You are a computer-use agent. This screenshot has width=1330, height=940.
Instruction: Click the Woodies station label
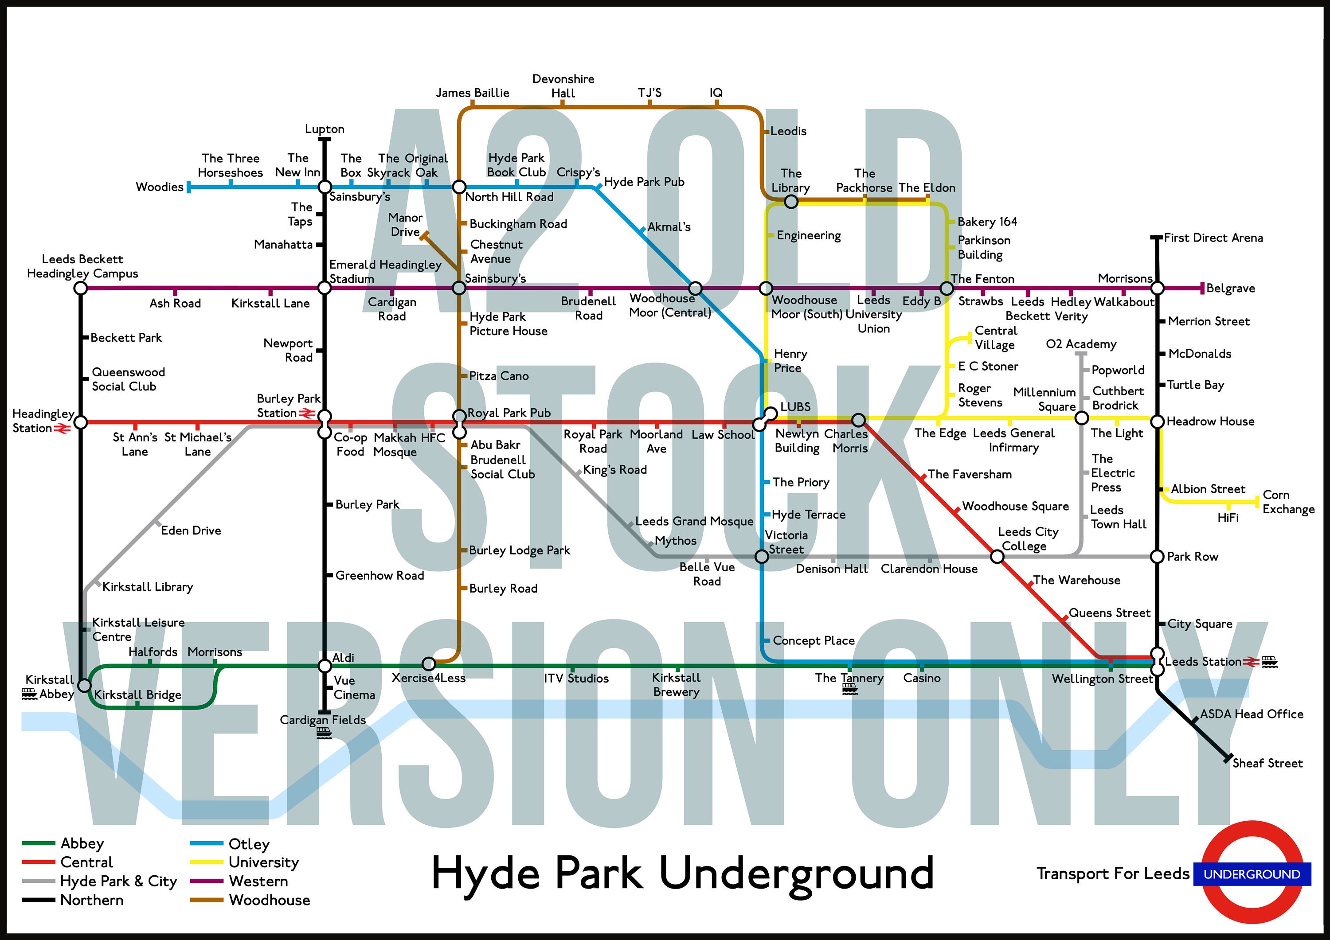click(159, 187)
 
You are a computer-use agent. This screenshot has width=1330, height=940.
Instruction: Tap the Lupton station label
click(325, 129)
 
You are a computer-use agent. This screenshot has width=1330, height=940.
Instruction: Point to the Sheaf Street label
click(1267, 763)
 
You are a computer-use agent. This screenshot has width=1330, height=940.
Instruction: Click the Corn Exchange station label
click(1288, 502)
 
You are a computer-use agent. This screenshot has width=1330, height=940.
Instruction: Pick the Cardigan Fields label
click(323, 720)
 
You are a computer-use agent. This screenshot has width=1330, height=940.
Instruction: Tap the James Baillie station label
click(473, 93)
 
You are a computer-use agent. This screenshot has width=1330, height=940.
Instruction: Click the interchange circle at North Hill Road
click(459, 187)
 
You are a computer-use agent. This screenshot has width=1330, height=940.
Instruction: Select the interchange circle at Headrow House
click(1157, 421)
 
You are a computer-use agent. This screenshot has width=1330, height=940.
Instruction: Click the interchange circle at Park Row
click(1157, 557)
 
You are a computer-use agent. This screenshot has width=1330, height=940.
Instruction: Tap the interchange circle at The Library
click(791, 202)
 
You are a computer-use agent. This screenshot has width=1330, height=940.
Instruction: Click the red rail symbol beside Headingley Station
click(62, 429)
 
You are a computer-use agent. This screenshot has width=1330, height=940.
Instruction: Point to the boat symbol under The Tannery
click(850, 689)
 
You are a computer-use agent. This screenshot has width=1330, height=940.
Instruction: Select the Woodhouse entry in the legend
click(270, 900)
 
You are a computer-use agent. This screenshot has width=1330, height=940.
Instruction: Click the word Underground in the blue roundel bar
click(1252, 874)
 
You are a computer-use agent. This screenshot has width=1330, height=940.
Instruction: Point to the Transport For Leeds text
click(1113, 874)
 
